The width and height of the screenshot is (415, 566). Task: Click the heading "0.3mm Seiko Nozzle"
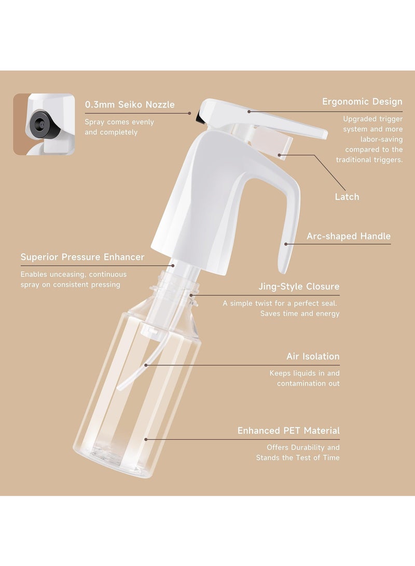click(x=130, y=105)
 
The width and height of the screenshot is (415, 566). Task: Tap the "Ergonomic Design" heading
click(x=362, y=102)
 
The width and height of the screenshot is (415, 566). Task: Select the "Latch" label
click(x=347, y=197)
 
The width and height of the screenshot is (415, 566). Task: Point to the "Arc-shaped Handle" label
click(x=349, y=237)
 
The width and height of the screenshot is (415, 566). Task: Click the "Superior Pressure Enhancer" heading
click(x=82, y=257)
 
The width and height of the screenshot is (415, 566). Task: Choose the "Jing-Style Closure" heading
click(x=299, y=286)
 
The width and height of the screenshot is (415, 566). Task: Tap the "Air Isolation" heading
click(x=313, y=356)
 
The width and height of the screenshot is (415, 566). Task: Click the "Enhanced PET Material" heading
click(x=288, y=431)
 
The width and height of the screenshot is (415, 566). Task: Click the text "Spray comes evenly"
click(x=119, y=122)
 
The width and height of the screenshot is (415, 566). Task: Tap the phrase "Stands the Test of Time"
click(x=298, y=458)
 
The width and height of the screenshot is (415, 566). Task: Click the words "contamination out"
click(x=308, y=383)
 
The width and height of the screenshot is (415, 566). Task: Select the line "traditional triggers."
click(x=369, y=160)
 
